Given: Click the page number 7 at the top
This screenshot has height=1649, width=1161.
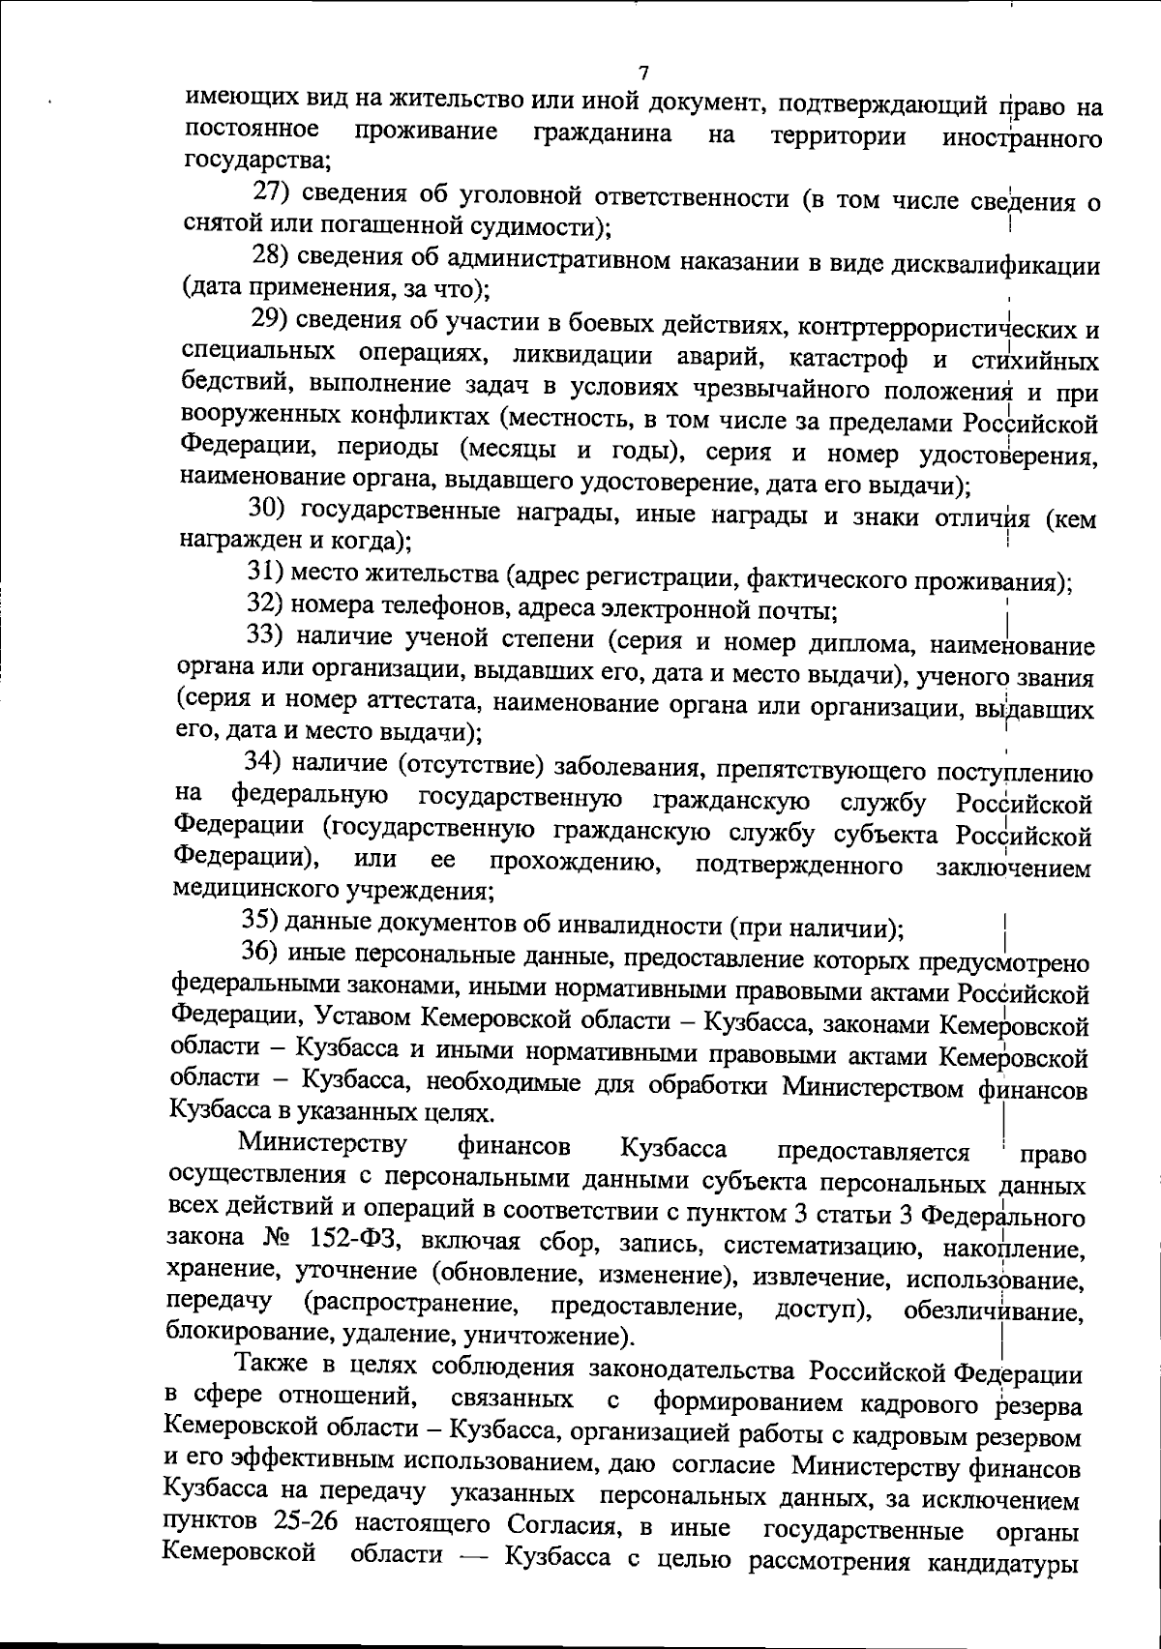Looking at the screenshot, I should pos(644,74).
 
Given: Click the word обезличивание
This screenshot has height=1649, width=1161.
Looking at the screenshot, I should pos(992,1312).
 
